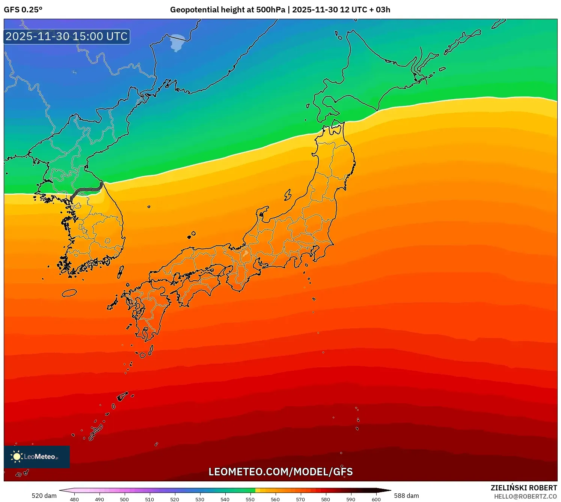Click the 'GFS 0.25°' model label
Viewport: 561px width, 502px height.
tap(23, 10)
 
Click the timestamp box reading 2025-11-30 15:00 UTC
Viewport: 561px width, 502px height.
tap(67, 36)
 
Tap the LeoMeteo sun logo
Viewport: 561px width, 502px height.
tap(17, 456)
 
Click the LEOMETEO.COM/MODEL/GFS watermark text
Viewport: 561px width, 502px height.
tap(280, 472)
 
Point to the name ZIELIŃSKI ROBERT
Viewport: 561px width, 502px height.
tap(524, 488)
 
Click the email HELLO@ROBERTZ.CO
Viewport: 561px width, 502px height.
tap(525, 496)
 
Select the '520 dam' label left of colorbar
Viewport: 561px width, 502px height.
tap(44, 496)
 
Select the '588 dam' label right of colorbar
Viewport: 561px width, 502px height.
tap(406, 496)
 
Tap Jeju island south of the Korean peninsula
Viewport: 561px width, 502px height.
tap(69, 293)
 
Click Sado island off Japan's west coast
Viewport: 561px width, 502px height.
tap(288, 195)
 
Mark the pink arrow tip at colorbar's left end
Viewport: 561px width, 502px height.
tap(62, 490)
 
